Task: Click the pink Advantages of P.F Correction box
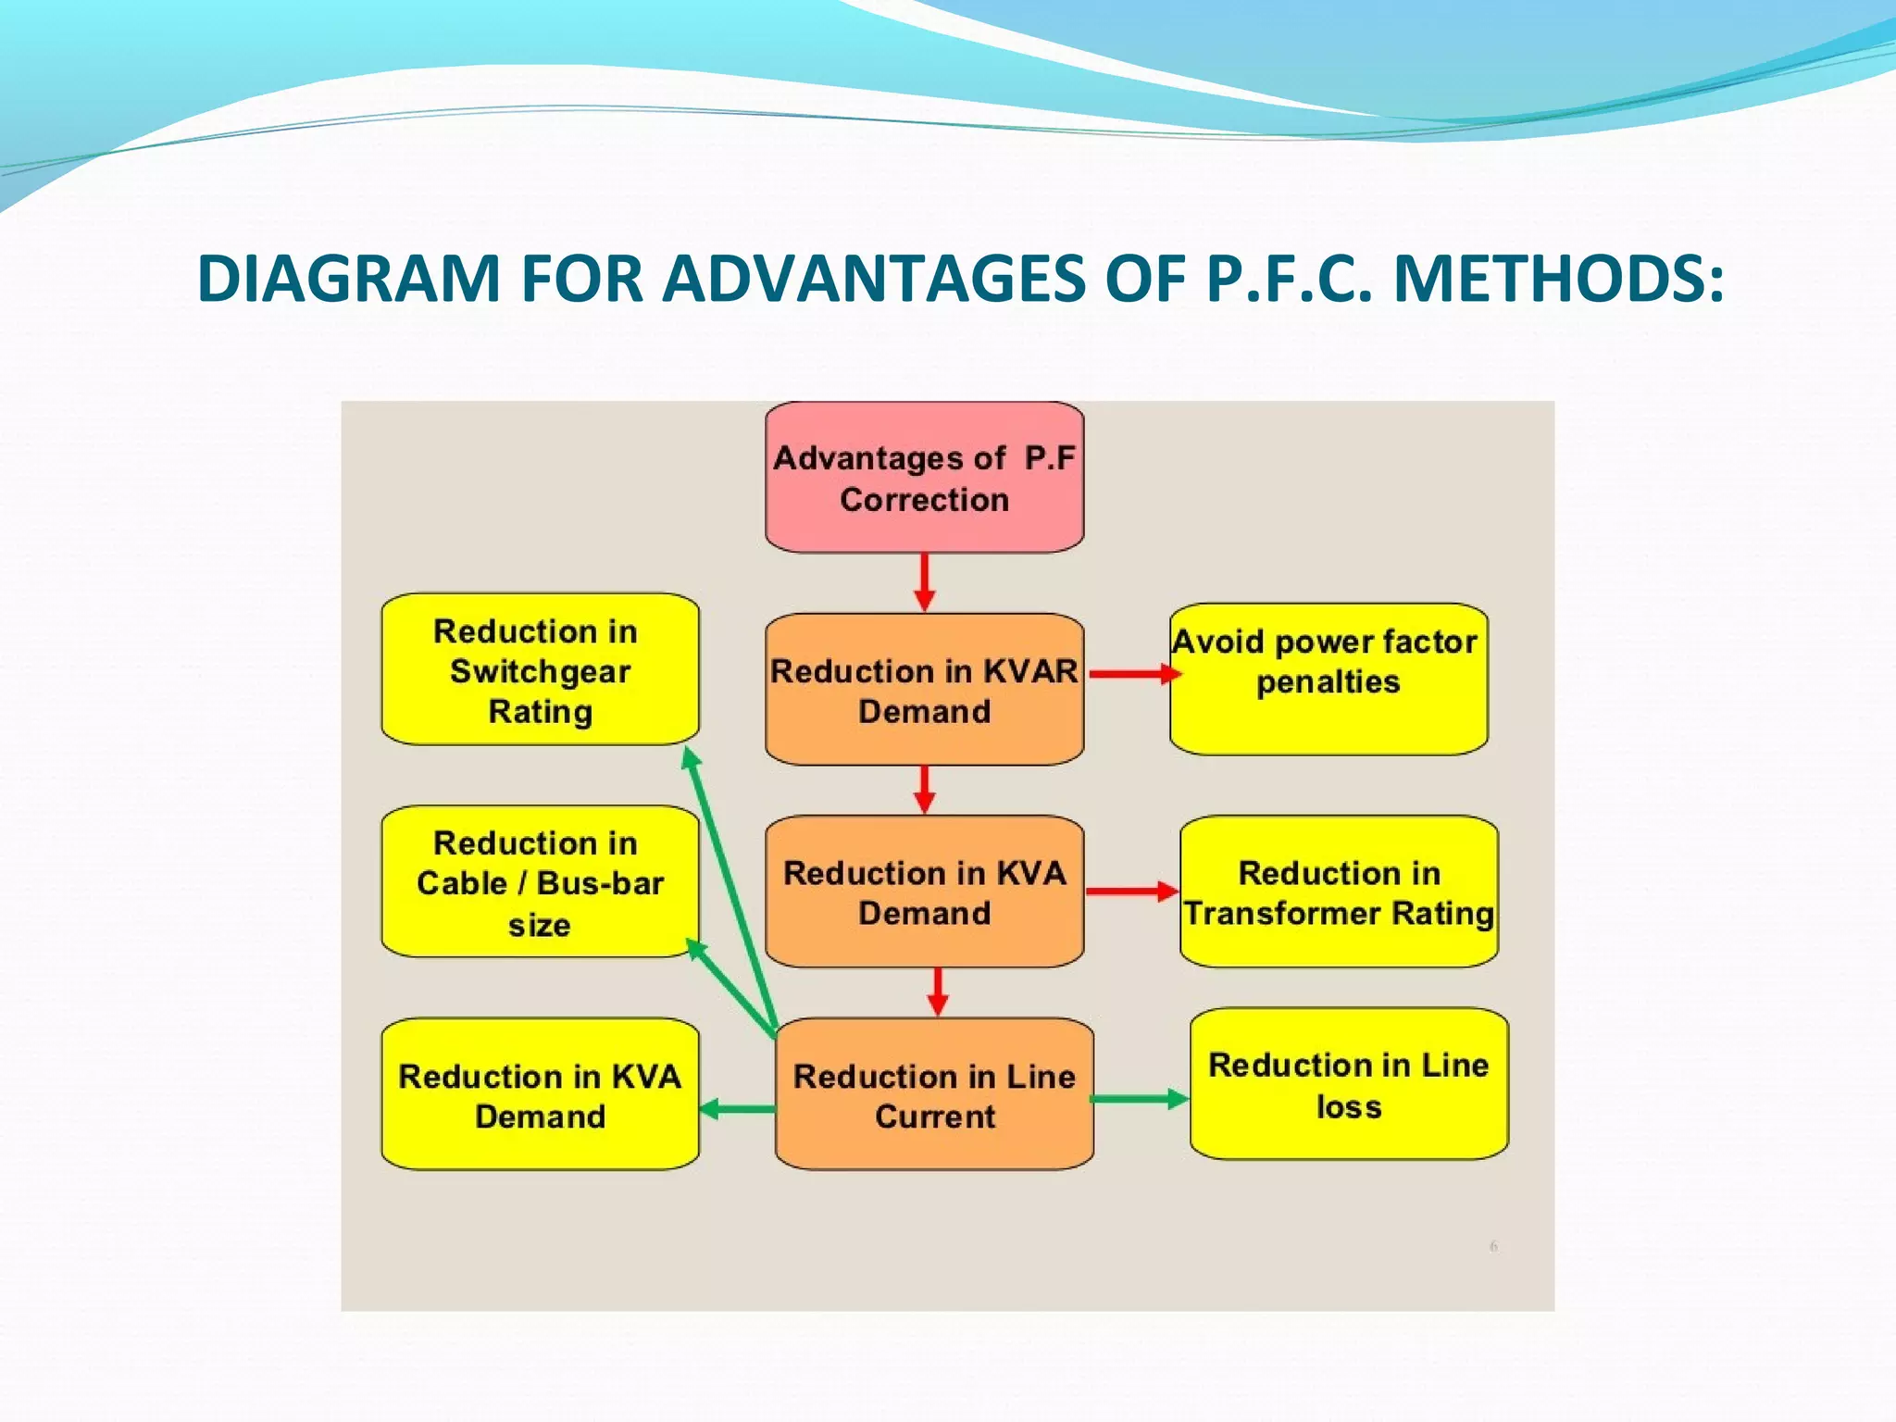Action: click(x=924, y=478)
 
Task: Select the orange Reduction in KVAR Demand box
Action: click(x=924, y=690)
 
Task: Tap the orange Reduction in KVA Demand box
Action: click(x=924, y=892)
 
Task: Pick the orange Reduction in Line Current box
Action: click(x=934, y=1094)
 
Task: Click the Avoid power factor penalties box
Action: click(x=1328, y=680)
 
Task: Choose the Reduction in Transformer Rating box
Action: click(x=1339, y=892)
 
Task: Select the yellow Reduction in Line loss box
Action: click(x=1349, y=1084)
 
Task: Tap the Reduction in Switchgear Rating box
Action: click(x=540, y=669)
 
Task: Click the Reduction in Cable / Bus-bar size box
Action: click(x=540, y=881)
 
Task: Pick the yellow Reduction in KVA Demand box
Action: click(x=540, y=1094)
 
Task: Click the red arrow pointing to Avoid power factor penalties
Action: click(x=1133, y=674)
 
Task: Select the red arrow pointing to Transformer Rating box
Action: click(x=1131, y=892)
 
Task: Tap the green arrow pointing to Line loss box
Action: click(x=1139, y=1099)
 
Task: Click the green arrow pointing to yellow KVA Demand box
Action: click(x=737, y=1108)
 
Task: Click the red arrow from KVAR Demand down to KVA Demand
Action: click(x=924, y=790)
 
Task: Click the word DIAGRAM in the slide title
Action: click(x=349, y=278)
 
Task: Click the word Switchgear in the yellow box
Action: click(x=540, y=671)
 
